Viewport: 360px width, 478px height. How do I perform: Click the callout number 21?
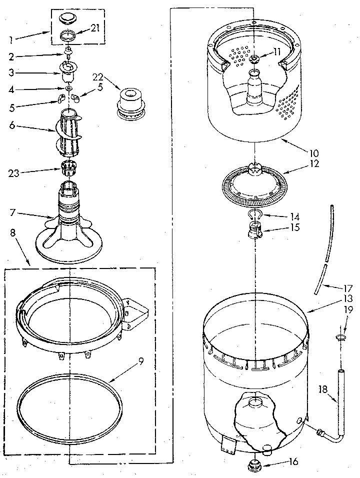coord(94,28)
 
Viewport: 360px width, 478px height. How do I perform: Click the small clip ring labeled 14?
coord(255,215)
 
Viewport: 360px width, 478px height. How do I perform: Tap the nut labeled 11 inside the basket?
coord(254,60)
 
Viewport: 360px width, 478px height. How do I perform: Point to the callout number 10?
coord(314,153)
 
